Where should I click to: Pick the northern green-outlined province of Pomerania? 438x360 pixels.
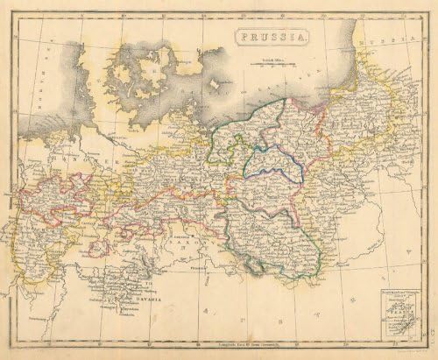coord(254,123)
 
